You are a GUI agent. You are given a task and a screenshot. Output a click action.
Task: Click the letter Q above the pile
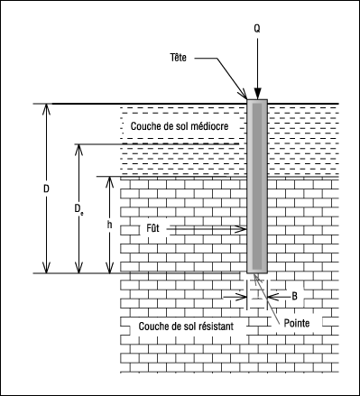(x=257, y=29)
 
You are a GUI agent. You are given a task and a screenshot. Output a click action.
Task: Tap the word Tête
(x=179, y=57)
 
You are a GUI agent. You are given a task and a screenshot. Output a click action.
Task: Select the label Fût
(x=152, y=228)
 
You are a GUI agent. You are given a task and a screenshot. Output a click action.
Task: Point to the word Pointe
(x=297, y=323)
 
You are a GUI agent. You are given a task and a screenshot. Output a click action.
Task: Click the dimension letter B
(x=294, y=297)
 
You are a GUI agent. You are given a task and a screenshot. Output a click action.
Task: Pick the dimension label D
(x=46, y=189)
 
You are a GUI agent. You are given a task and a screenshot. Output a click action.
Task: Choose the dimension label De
(x=78, y=209)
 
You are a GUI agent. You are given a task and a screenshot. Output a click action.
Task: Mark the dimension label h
(x=110, y=225)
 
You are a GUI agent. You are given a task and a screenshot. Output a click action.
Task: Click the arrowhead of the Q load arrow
(x=257, y=93)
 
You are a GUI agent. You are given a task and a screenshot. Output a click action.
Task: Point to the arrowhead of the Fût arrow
(x=241, y=229)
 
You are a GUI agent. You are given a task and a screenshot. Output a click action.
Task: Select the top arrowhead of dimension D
(x=46, y=109)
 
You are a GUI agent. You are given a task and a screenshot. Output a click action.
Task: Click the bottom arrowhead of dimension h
(x=110, y=268)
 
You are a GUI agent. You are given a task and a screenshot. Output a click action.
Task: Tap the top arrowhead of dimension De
(x=78, y=150)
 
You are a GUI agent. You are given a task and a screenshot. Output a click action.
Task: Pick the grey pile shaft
(x=257, y=187)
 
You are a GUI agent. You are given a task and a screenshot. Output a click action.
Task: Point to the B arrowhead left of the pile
(x=241, y=297)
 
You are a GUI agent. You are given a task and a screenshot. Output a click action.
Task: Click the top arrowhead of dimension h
(x=110, y=182)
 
